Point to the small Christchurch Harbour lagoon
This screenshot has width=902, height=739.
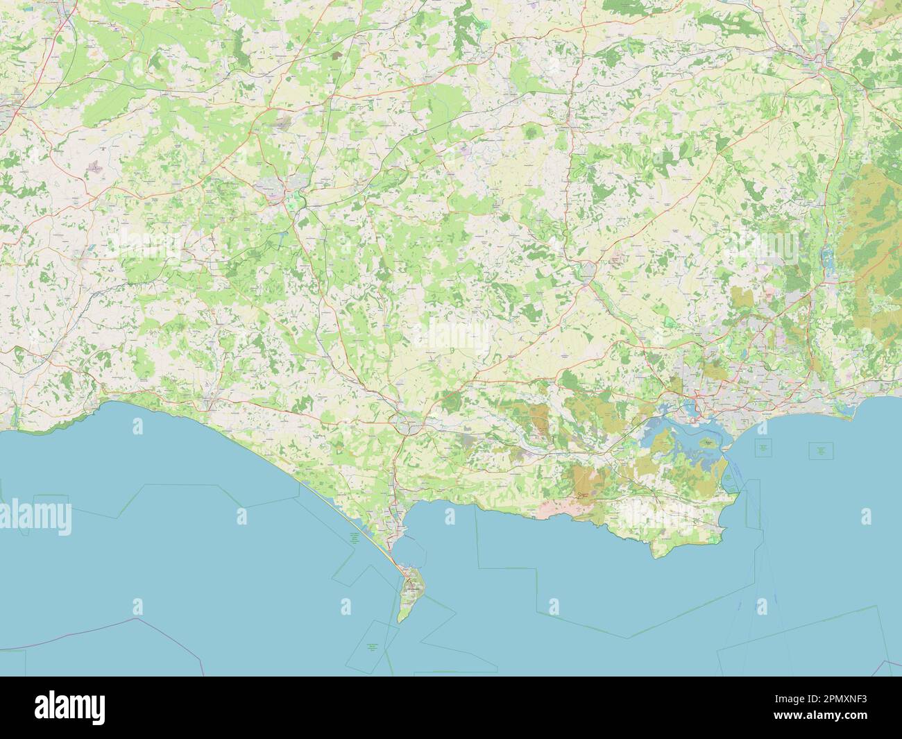click(x=848, y=414)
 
